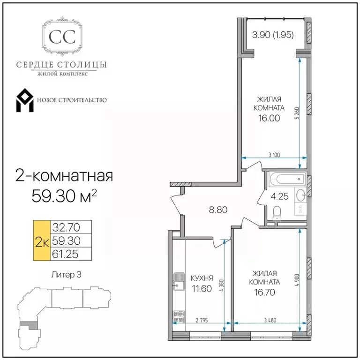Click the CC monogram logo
(62, 37)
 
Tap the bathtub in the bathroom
(288, 179)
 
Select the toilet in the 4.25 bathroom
(277, 213)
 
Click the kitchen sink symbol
(179, 281)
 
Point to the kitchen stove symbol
(179, 316)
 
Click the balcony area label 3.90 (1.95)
(273, 35)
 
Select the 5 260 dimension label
(298, 113)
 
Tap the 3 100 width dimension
(274, 155)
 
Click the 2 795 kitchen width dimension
(202, 320)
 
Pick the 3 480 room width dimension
(270, 320)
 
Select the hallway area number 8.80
(218, 210)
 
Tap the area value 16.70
(264, 292)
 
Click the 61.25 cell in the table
(66, 254)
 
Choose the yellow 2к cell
(42, 240)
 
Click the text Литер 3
(66, 275)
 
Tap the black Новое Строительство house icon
(25, 100)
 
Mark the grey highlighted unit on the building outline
(28, 325)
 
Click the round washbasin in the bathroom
(300, 195)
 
